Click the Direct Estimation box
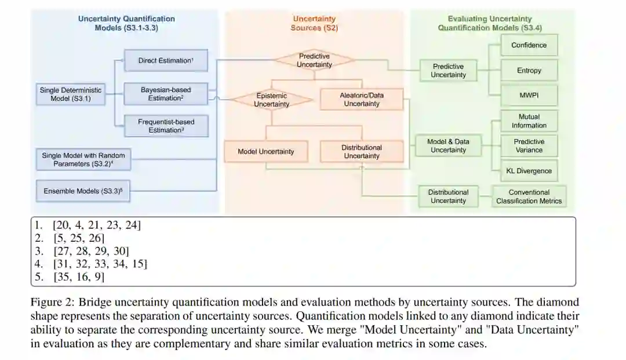(165, 60)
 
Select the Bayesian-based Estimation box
(165, 94)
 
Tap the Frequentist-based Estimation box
(165, 126)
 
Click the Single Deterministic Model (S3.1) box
(70, 94)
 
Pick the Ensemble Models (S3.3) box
(83, 191)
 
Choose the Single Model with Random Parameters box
(83, 159)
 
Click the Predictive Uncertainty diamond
(314, 60)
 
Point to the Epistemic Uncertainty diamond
(271, 100)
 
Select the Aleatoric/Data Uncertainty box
(361, 100)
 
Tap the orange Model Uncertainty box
(265, 152)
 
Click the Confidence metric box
(529, 45)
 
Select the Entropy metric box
(529, 70)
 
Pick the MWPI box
(529, 95)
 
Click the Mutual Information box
(529, 121)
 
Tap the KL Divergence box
(529, 171)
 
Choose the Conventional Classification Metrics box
(529, 197)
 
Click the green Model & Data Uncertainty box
(448, 146)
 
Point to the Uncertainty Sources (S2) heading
(314, 23)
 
